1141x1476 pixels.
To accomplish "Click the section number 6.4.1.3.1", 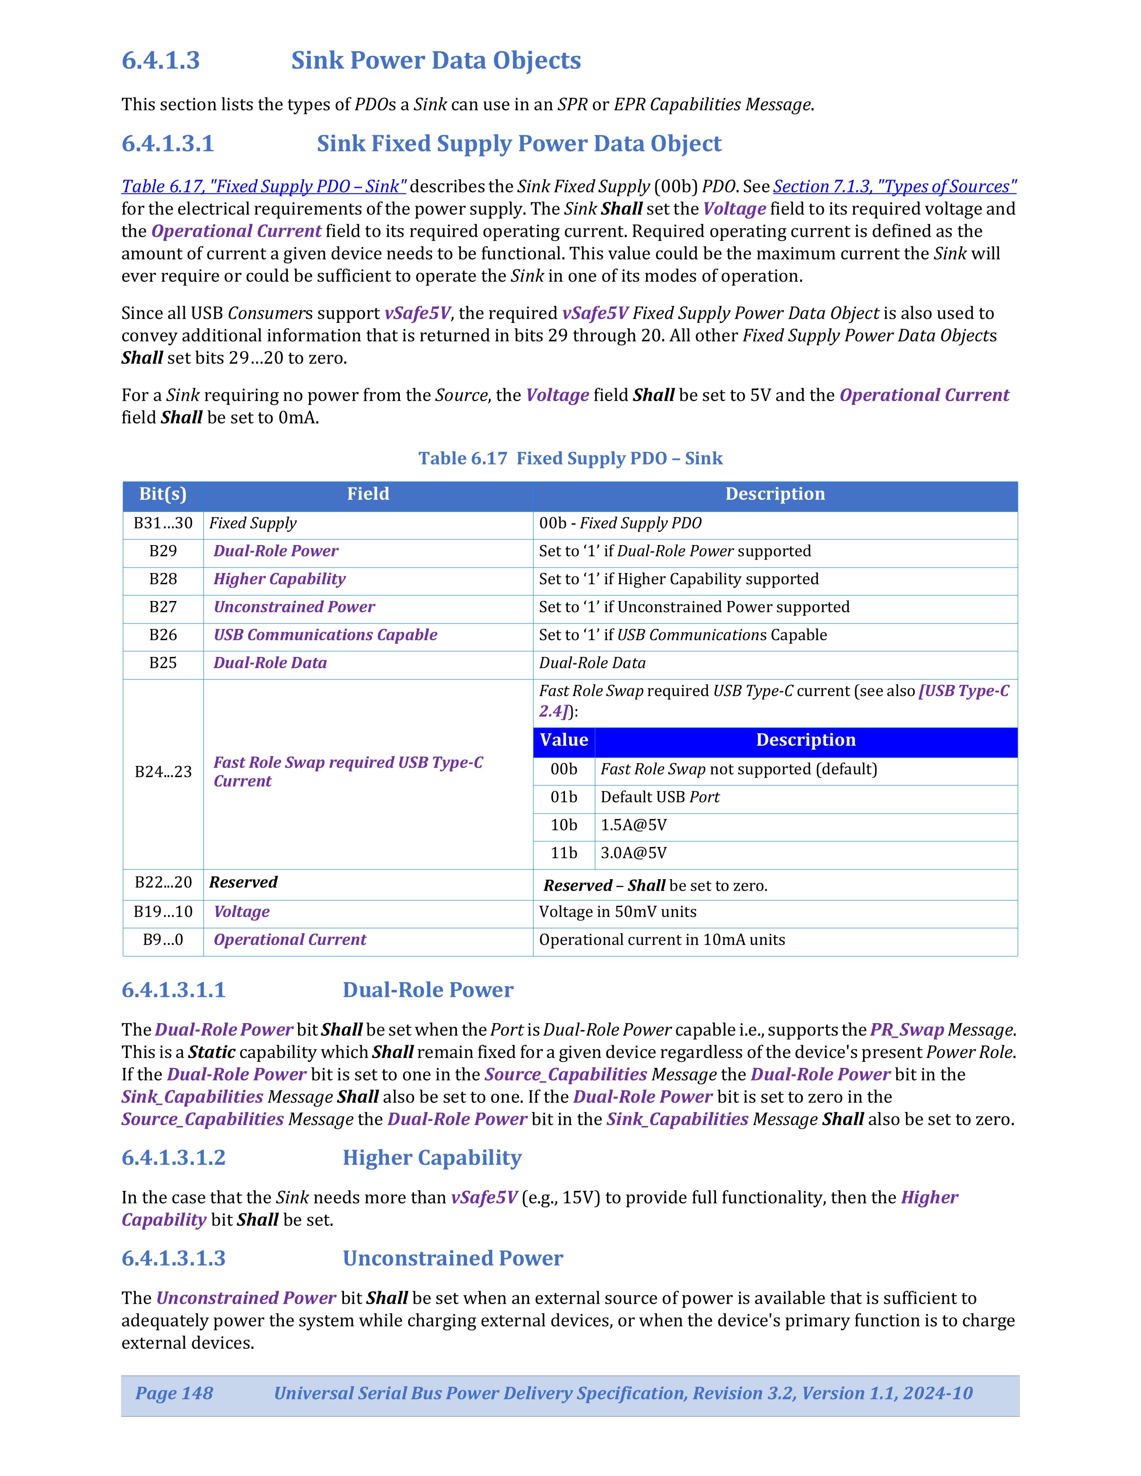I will tap(168, 144).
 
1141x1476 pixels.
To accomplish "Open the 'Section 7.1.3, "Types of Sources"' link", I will tap(894, 187).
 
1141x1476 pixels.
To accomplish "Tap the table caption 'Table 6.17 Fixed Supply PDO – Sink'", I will tap(570, 458).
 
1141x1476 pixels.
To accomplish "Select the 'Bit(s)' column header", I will tap(163, 494).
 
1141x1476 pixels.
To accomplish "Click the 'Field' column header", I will tap(368, 494).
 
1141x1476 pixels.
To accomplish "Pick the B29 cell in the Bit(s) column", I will tap(163, 551).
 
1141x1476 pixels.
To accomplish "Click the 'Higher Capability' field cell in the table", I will tap(279, 579).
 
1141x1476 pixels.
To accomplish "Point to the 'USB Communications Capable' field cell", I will tap(325, 635).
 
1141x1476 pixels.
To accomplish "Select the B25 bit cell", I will tap(163, 663).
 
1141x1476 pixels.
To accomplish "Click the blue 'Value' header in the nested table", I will tap(564, 740).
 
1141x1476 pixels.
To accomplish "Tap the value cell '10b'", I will tap(564, 825).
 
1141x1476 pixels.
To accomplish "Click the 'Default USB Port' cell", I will tap(660, 797).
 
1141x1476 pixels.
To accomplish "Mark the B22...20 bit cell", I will tap(163, 883).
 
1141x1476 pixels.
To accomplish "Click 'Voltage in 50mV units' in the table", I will tap(617, 912).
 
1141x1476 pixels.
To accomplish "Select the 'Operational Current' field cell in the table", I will tap(289, 940).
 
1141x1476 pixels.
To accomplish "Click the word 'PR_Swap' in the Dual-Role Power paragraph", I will tap(906, 1030).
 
